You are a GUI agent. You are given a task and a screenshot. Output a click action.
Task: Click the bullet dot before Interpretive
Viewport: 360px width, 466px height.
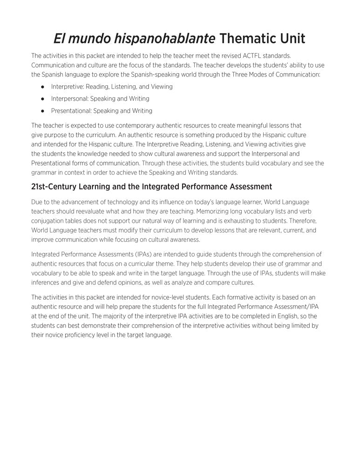click(x=42, y=87)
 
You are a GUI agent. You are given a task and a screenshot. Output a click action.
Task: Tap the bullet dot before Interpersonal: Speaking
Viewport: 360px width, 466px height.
click(x=42, y=99)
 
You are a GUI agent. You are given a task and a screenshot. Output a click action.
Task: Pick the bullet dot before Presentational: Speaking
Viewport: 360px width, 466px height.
click(x=42, y=111)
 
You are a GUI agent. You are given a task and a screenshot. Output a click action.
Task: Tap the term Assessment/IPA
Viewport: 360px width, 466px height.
click(x=287, y=306)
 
